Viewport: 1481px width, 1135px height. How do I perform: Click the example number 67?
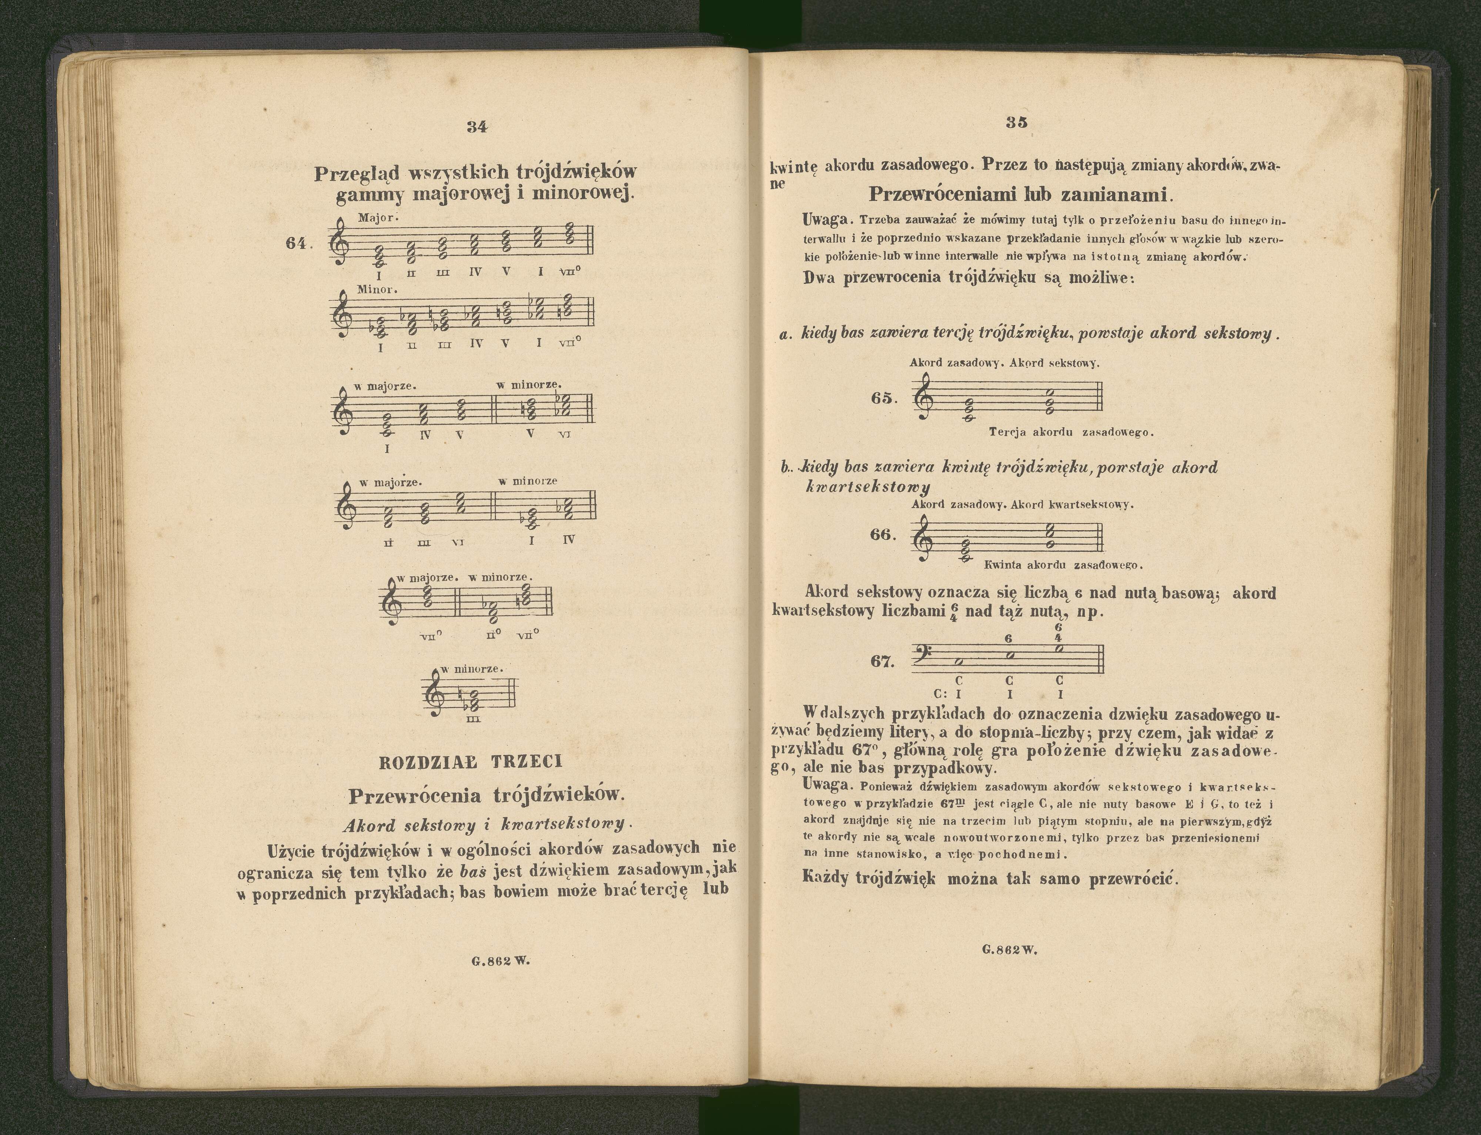882,661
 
